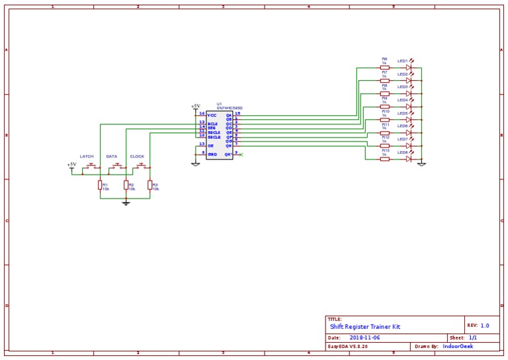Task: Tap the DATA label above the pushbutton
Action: pyautogui.click(x=111, y=157)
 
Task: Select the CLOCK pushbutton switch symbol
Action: pyautogui.click(x=141, y=166)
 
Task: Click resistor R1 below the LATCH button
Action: pyautogui.click(x=100, y=185)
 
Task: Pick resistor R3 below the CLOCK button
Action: pyautogui.click(x=149, y=185)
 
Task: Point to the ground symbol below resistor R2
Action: pyautogui.click(x=126, y=203)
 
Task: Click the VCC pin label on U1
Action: pyautogui.click(x=212, y=115)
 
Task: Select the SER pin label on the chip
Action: pyautogui.click(x=211, y=128)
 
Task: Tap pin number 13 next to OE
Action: pyautogui.click(x=202, y=144)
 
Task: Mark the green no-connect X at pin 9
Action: pyautogui.click(x=241, y=155)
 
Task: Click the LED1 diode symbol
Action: pyautogui.click(x=409, y=67)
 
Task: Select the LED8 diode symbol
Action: pyautogui.click(x=409, y=159)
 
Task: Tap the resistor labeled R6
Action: pyautogui.click(x=384, y=67)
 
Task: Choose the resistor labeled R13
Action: pyautogui.click(x=384, y=159)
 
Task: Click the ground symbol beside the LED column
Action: pyautogui.click(x=421, y=163)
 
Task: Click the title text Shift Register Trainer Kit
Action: pyautogui.click(x=365, y=327)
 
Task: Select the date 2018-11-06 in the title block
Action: pyautogui.click(x=364, y=337)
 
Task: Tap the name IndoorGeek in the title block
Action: pyautogui.click(x=458, y=346)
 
